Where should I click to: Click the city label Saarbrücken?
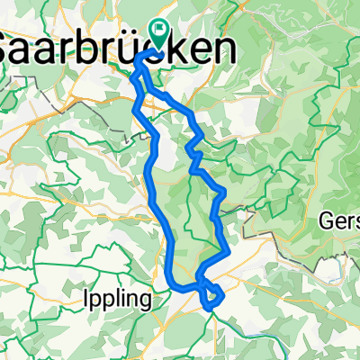click(x=112, y=47)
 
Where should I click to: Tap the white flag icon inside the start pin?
click(x=160, y=31)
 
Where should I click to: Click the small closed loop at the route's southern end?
click(x=211, y=294)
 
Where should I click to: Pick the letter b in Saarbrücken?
click(x=100, y=47)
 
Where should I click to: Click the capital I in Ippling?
click(x=85, y=297)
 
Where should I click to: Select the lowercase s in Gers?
click(x=357, y=222)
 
